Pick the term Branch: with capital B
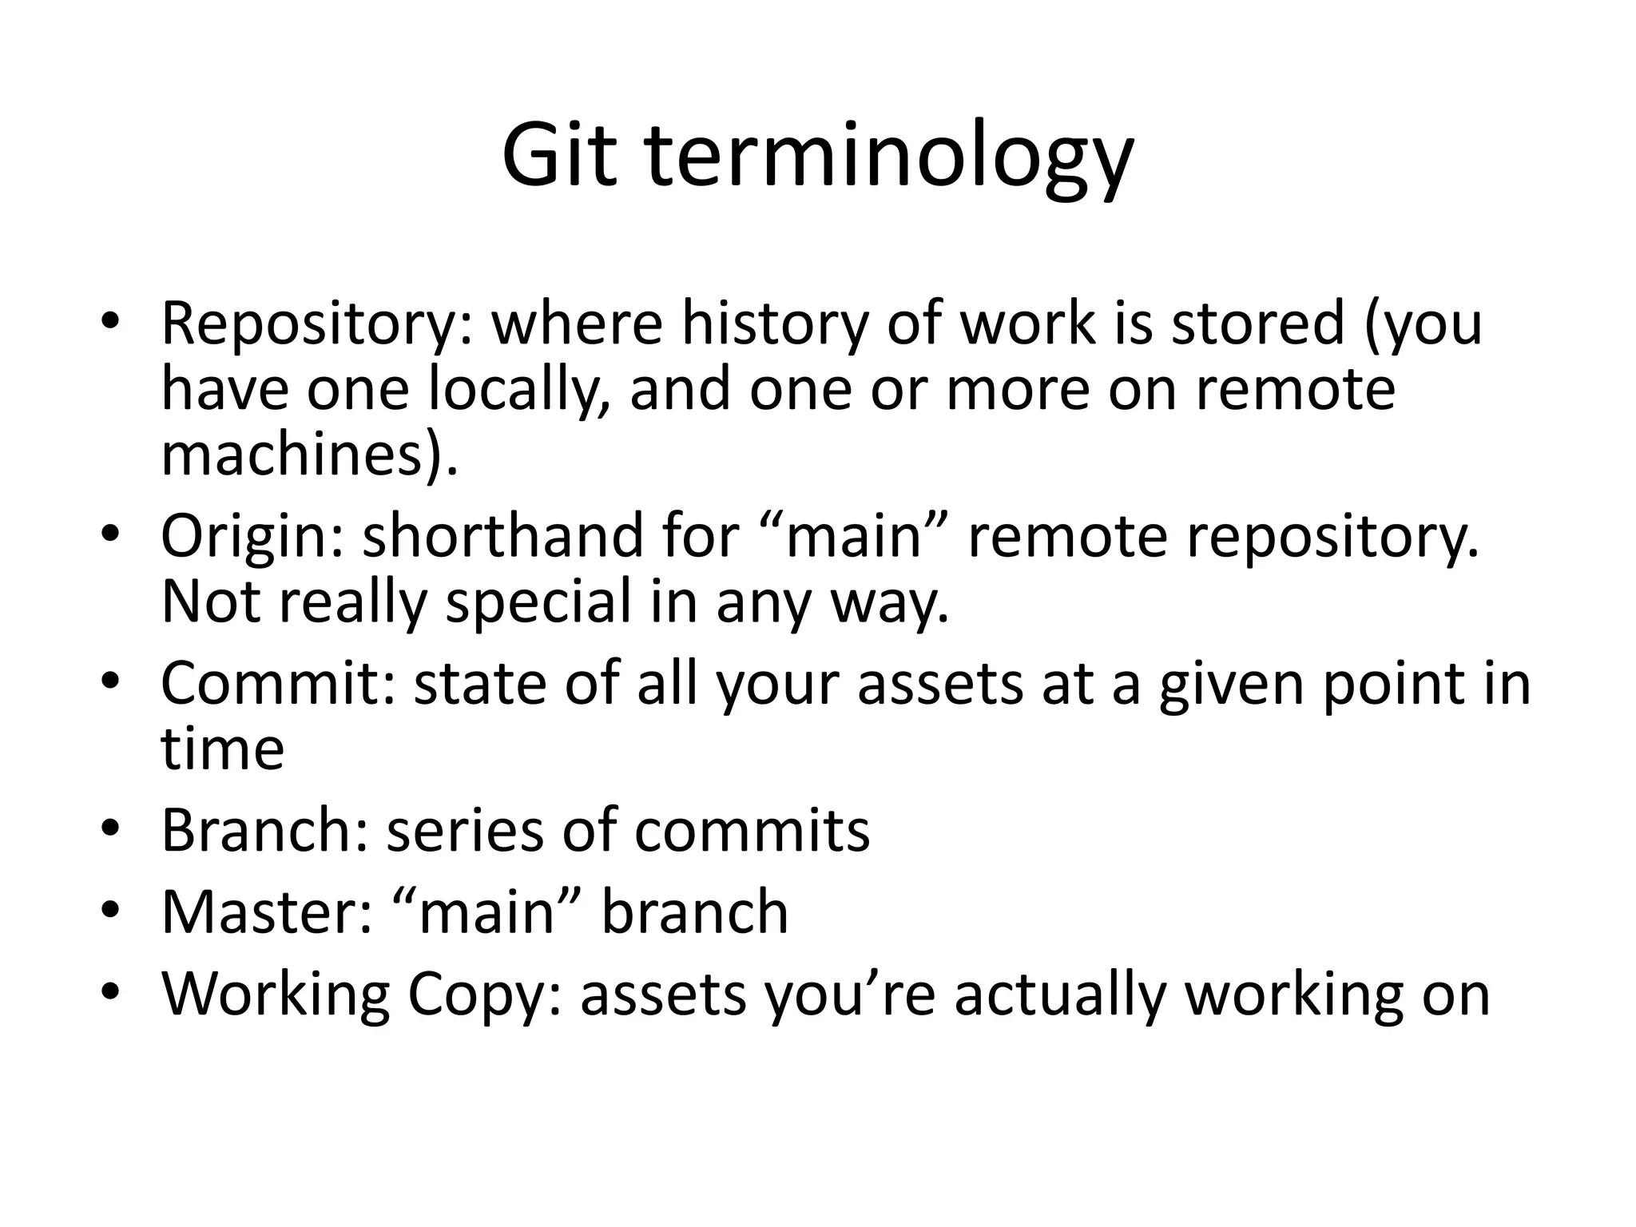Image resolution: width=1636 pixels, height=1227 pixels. click(x=264, y=831)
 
